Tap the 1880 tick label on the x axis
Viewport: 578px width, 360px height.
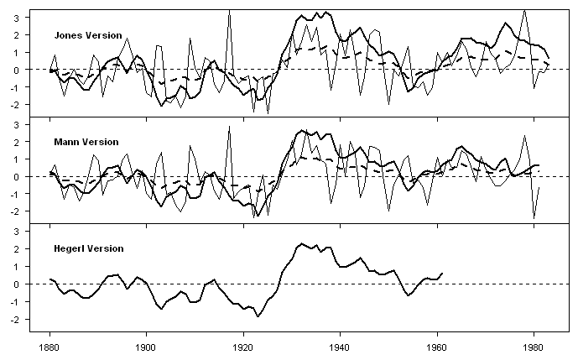tap(49, 346)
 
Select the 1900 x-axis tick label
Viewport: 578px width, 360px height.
tap(147, 346)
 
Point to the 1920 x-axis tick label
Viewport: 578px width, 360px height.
tap(243, 346)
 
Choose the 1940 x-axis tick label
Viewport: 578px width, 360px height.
tap(341, 346)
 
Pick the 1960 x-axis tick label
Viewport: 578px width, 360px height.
tap(437, 346)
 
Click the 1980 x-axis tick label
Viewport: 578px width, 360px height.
tap(534, 346)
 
